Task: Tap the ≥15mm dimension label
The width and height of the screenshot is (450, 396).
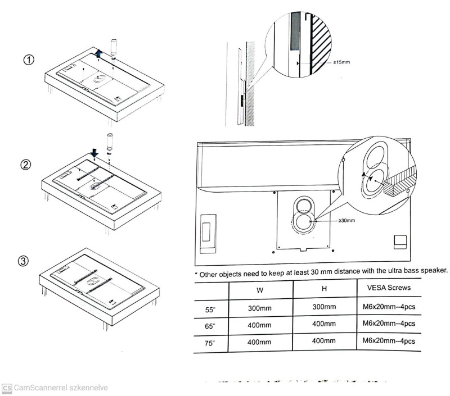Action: (341, 62)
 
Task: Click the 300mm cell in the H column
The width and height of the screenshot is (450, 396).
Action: (325, 307)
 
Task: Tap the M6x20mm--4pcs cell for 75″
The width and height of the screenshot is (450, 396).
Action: (389, 341)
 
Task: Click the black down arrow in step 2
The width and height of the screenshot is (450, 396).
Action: (95, 153)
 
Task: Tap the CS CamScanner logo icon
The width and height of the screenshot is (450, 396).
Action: (7, 388)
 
